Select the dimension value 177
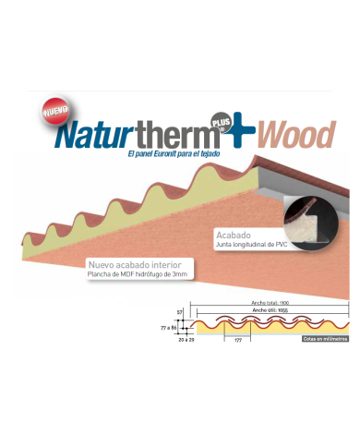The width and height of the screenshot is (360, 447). pos(235,340)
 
